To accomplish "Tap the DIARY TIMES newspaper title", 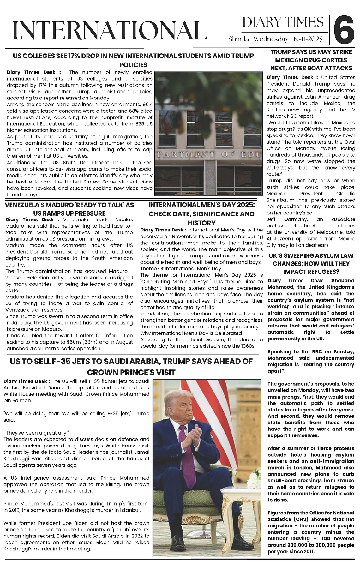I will point(283,22).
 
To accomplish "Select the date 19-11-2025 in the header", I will point(307,39).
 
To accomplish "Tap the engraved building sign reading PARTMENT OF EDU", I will point(209,154).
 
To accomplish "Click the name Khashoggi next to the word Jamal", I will point(15,459).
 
